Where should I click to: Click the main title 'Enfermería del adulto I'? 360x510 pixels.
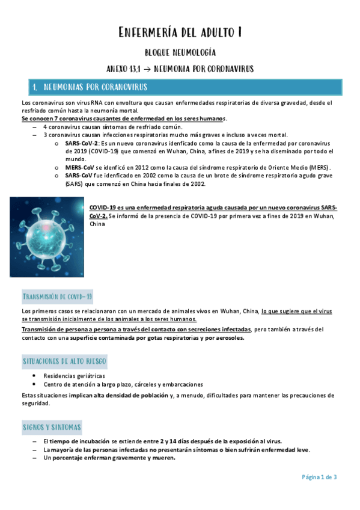coord(180,32)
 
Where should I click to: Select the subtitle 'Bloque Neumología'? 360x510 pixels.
coord(180,53)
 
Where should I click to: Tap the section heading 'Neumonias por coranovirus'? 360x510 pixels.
coord(96,87)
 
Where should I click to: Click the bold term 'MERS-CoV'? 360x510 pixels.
coord(80,167)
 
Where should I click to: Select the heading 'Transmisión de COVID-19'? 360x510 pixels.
coord(57,297)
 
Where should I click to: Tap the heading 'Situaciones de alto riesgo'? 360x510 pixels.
coord(64,361)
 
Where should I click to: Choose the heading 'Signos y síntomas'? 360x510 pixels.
coord(52,427)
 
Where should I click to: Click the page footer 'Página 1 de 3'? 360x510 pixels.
coord(319,477)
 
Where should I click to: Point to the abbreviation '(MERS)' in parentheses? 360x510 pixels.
coord(319,167)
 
